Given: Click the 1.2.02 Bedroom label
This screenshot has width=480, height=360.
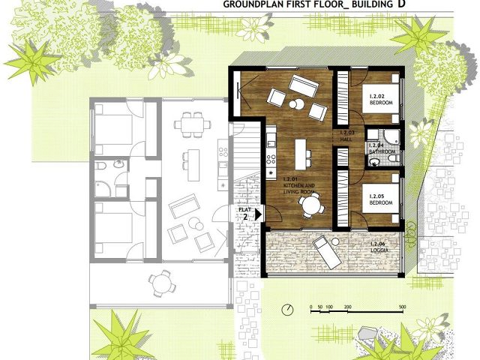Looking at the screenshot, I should click(x=382, y=99).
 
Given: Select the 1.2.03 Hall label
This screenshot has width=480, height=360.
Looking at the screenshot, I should click(x=346, y=135).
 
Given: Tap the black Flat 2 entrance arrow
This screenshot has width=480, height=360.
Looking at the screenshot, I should click(x=259, y=214).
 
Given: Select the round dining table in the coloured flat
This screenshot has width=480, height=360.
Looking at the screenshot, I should click(x=307, y=202).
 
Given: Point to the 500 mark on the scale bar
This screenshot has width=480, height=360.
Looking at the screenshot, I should click(x=403, y=307).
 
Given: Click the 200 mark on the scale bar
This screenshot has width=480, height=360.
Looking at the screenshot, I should click(x=347, y=307).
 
